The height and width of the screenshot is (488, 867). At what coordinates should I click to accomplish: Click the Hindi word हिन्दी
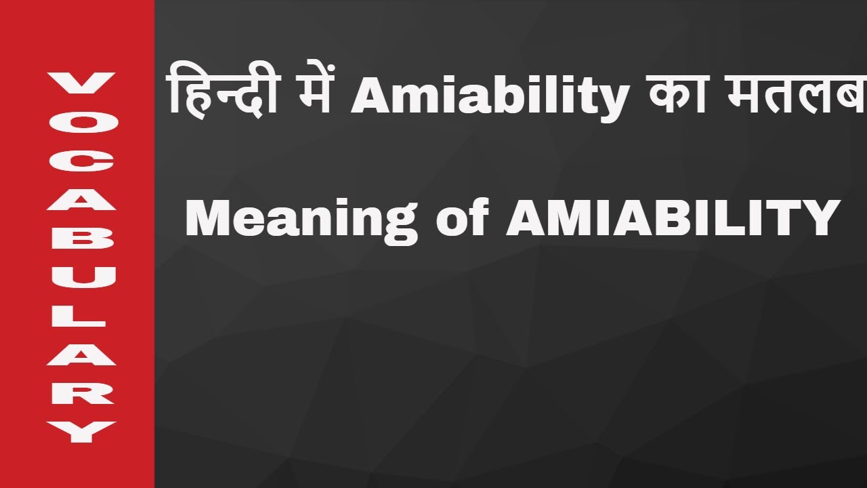click(x=221, y=95)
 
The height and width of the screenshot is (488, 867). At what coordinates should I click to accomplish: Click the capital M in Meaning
click(x=205, y=218)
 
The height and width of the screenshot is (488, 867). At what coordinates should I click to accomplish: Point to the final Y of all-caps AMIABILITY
click(x=822, y=218)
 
